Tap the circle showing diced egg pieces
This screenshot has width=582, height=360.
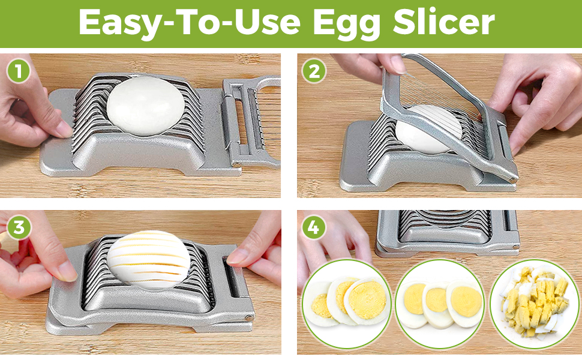pyautogui.click(x=535, y=303)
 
